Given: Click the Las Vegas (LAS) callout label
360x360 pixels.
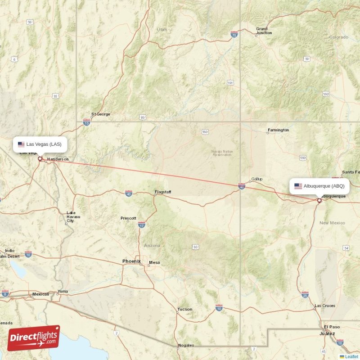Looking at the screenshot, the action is click(40, 144).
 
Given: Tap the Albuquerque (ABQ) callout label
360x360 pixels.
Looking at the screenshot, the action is click(319, 186).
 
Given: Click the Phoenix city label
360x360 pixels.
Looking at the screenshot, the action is click(131, 261).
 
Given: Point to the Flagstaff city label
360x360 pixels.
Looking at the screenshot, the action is click(163, 192).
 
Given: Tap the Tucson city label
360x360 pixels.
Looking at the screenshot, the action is click(184, 309).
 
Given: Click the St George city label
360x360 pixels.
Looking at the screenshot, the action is click(100, 114).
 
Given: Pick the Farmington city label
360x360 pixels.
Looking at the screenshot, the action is click(278, 130).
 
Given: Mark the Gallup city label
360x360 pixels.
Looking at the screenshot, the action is click(256, 179).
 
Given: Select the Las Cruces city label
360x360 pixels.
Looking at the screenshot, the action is click(324, 306).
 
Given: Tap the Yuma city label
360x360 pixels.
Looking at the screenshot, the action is click(63, 291).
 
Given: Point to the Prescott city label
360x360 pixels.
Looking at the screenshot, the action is click(128, 218).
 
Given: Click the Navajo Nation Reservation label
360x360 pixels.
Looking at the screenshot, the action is click(222, 153).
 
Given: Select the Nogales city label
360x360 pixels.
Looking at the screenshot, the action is click(186, 345).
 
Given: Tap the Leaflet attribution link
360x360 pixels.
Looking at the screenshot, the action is click(351, 356).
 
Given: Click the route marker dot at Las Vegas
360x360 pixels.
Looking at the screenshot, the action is click(40, 158).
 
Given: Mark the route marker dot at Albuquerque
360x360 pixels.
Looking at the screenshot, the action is click(319, 201).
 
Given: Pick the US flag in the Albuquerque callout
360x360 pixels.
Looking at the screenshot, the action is click(298, 186).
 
